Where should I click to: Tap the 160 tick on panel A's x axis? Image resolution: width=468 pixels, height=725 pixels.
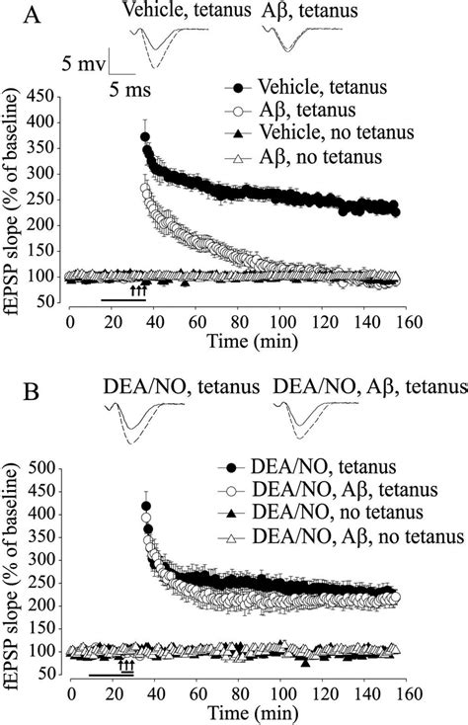point(407,321)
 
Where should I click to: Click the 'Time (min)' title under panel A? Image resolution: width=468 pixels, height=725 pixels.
point(237,341)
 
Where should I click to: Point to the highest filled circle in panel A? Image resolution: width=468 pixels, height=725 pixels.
point(145,137)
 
